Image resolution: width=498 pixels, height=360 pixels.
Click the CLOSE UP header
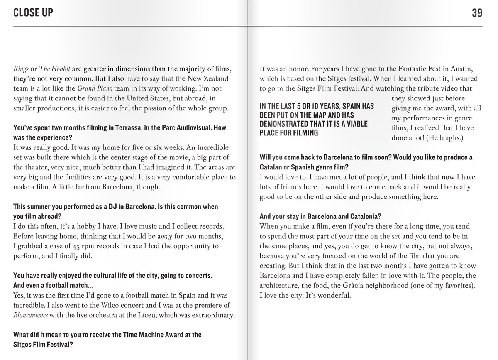click(x=33, y=13)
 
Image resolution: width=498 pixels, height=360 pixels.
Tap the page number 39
click(x=477, y=13)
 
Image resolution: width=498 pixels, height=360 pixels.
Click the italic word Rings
click(x=20, y=69)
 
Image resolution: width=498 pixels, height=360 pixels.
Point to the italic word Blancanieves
click(x=30, y=316)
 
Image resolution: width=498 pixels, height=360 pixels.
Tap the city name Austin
click(x=461, y=69)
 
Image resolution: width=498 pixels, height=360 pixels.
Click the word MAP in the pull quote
click(x=332, y=115)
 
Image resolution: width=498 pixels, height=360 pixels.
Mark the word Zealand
click(x=214, y=79)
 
